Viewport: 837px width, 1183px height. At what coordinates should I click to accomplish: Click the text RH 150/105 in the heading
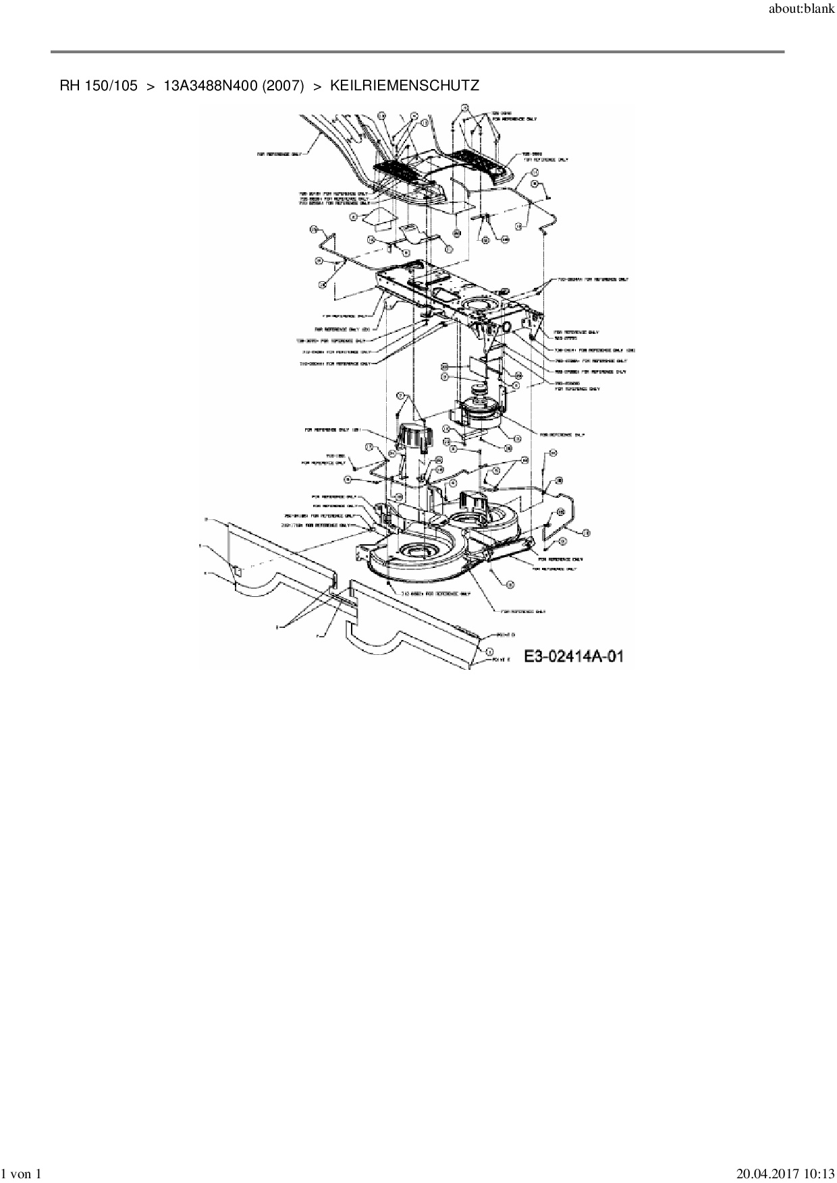click(99, 86)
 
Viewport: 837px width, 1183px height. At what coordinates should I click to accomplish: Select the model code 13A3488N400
click(210, 86)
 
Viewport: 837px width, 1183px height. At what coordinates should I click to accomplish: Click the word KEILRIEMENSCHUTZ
click(404, 86)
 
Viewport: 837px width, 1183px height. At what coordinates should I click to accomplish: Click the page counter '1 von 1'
click(22, 1174)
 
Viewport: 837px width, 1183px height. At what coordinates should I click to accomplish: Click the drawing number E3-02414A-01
click(574, 656)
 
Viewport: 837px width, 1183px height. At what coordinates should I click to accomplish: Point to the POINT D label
click(506, 635)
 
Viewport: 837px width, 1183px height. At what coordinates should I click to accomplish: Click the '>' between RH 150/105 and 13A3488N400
click(151, 86)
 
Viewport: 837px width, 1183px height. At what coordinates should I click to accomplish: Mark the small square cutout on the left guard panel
click(237, 571)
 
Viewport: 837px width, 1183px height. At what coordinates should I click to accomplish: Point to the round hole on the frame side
click(505, 327)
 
